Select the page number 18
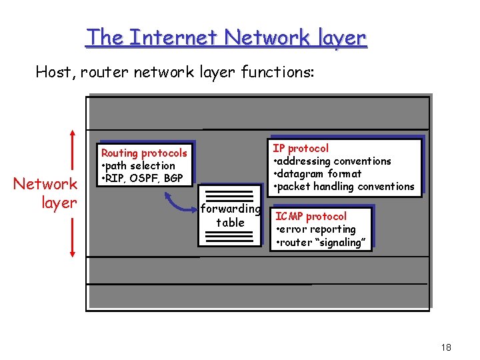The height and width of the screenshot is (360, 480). pyautogui.click(x=446, y=347)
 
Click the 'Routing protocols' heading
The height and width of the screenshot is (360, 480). pyautogui.click(x=144, y=153)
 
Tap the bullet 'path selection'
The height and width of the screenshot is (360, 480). pyautogui.click(x=140, y=166)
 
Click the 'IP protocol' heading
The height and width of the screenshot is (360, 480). pyautogui.click(x=301, y=148)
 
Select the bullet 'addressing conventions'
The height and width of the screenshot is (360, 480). pyautogui.click(x=335, y=161)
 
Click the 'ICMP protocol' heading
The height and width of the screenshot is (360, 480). pyautogui.click(x=311, y=217)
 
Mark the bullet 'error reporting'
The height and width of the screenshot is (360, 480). pyautogui.click(x=318, y=229)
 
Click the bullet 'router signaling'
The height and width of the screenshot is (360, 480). pyautogui.click(x=321, y=243)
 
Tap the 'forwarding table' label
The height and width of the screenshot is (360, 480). pyautogui.click(x=230, y=215)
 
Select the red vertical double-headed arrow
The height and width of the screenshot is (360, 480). pyautogui.click(x=72, y=193)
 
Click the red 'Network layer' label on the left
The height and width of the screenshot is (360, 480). pyautogui.click(x=46, y=193)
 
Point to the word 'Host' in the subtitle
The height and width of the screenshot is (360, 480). pyautogui.click(x=54, y=71)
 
